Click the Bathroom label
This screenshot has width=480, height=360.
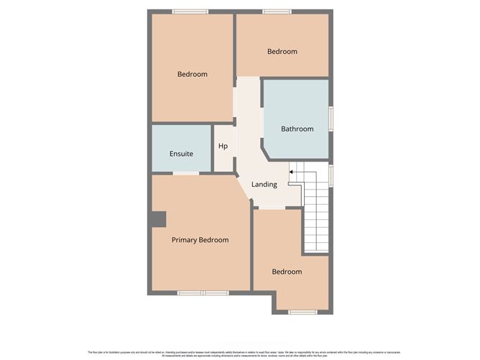297,129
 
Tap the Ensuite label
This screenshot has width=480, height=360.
181,154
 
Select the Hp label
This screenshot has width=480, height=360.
223,147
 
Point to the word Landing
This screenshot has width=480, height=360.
264,185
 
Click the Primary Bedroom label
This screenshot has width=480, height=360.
200,240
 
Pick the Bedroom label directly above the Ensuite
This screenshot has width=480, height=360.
193,74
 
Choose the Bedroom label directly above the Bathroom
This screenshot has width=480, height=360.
282,52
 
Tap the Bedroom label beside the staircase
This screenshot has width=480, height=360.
287,272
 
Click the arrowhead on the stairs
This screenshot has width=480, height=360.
291,172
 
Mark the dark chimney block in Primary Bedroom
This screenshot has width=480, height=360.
157,219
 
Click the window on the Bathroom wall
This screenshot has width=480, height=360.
331,119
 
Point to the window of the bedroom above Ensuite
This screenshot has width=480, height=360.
190,11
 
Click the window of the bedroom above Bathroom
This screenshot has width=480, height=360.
277,11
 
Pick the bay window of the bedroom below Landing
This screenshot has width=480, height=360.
302,312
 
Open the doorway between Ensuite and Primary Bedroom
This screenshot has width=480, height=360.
186,173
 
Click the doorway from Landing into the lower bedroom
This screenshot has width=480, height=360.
269,208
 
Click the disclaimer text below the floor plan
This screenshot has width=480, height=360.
239,353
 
